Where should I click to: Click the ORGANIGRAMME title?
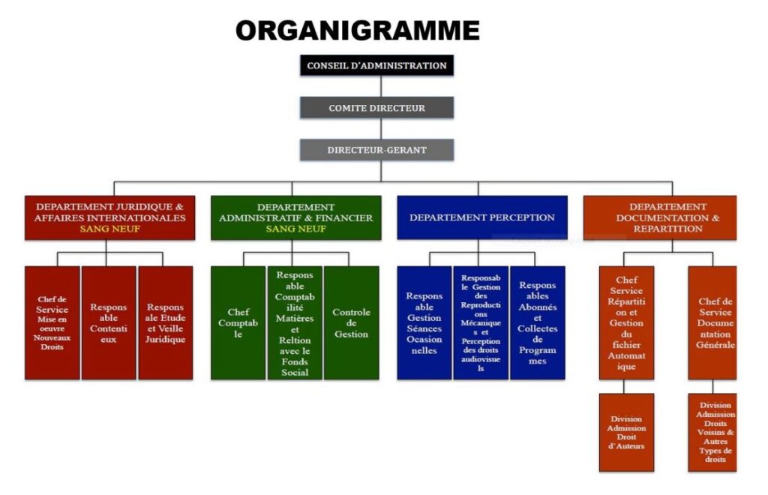point(357,31)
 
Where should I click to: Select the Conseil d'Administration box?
point(376,66)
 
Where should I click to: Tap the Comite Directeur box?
point(376,108)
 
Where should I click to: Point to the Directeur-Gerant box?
point(376,150)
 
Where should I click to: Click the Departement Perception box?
point(481,217)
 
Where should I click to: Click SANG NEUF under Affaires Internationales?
point(109,229)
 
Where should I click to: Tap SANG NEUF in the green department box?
point(295,229)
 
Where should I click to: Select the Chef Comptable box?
point(238,322)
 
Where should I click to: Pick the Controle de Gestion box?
point(351,322)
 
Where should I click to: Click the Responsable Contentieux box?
point(109,322)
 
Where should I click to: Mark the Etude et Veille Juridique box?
point(165,322)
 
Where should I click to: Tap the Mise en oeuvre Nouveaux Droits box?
point(52,322)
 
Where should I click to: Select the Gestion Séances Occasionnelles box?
point(424,322)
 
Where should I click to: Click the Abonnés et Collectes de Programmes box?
point(537,322)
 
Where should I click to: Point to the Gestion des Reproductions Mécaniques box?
point(481,322)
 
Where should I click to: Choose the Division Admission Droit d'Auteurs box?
point(626,432)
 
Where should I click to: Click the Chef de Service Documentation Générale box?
point(712,322)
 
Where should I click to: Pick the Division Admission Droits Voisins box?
point(712,432)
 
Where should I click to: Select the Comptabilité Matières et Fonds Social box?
point(295,322)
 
